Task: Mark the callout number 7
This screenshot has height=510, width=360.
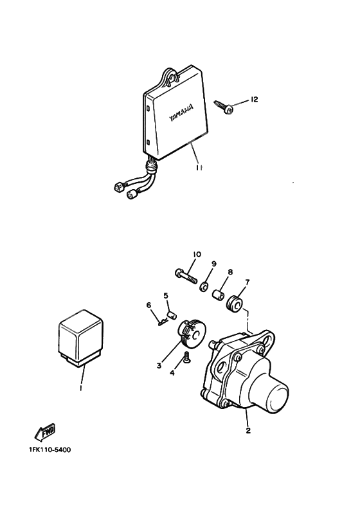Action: [248, 282]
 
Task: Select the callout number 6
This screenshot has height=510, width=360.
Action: [148, 305]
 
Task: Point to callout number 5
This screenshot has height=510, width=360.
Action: [165, 296]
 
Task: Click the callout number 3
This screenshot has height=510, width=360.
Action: [158, 366]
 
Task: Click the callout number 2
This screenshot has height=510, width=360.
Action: [248, 430]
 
